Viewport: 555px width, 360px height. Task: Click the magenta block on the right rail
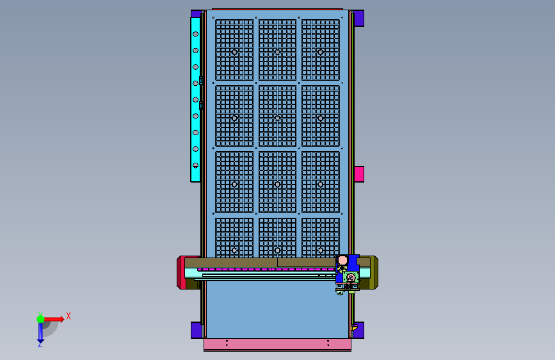click(359, 174)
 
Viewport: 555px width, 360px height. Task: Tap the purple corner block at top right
click(358, 18)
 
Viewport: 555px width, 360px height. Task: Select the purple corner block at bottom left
click(196, 331)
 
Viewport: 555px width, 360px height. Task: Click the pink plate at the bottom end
click(278, 345)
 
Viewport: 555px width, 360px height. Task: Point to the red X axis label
click(68, 316)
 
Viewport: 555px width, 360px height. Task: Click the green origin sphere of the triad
click(41, 319)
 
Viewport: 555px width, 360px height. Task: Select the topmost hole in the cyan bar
click(195, 35)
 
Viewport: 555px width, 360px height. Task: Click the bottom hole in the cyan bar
click(195, 165)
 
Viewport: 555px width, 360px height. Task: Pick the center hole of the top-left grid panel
click(234, 53)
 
